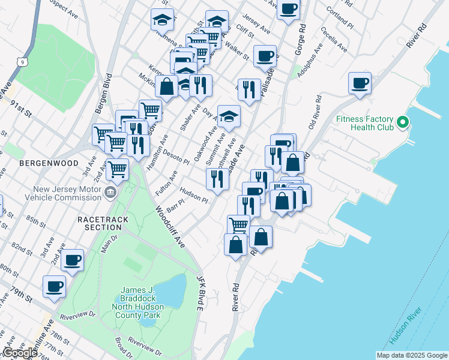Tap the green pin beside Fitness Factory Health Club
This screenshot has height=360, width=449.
[403, 123]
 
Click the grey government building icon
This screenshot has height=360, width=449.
[110, 193]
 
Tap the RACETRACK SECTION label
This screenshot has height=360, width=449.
[103, 224]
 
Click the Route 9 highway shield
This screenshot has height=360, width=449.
[22, 61]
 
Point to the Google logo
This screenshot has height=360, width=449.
[20, 353]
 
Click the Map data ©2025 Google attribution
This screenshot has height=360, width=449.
[411, 355]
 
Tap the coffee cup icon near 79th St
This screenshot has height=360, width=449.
[54, 286]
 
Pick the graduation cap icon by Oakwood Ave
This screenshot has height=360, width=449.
[229, 116]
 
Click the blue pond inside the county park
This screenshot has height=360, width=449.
[170, 290]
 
